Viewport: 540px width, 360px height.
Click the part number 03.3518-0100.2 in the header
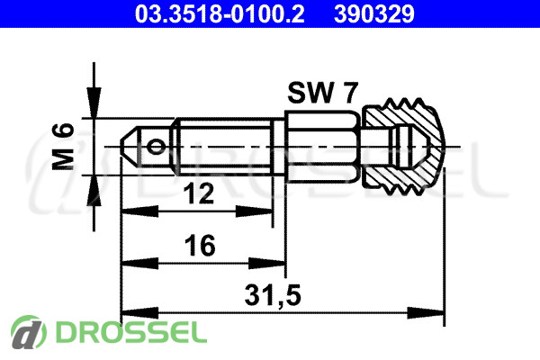pyautogui.click(x=220, y=14)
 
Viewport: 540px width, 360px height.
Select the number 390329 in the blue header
pyautogui.click(x=374, y=14)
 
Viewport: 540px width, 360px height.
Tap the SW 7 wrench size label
pyautogui.click(x=323, y=93)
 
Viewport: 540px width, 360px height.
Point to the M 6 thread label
pyautogui.click(x=63, y=147)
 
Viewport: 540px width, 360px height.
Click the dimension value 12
pyautogui.click(x=198, y=193)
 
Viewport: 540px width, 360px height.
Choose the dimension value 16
pyautogui.click(x=200, y=246)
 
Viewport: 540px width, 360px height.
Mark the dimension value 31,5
pyautogui.click(x=273, y=295)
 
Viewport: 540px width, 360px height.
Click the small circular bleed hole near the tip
pyautogui.click(x=157, y=147)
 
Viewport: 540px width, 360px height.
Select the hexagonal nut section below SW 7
pyautogui.click(x=322, y=147)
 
